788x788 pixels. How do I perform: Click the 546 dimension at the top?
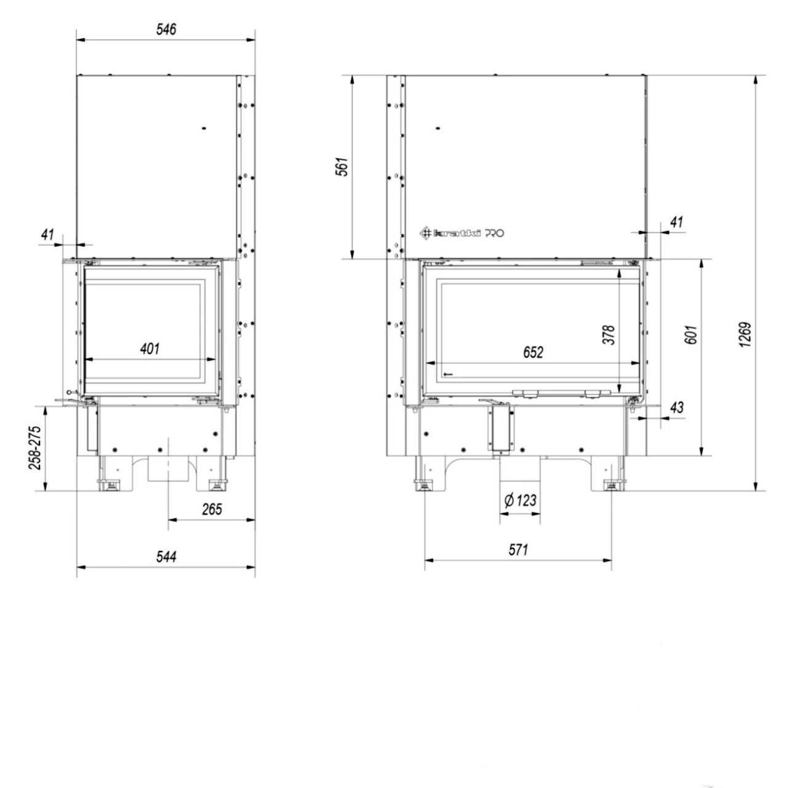[166, 30]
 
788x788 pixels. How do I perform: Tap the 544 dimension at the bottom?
[166, 557]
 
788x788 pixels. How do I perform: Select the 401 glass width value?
[150, 348]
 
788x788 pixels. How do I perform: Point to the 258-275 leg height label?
[34, 448]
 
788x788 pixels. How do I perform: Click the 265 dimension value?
[212, 509]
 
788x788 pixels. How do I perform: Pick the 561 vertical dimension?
[342, 166]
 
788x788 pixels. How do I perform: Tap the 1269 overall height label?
[745, 335]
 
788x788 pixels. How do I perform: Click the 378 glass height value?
[609, 335]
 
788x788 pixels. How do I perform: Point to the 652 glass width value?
[533, 352]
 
